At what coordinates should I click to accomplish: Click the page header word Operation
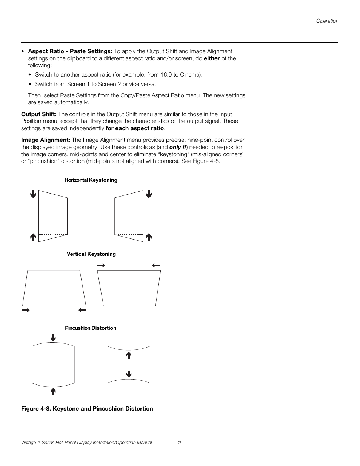coord(327,21)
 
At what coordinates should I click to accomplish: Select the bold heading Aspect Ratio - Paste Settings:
coord(70,51)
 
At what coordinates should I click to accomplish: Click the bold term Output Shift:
coord(39,114)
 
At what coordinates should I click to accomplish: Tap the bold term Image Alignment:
coord(46,140)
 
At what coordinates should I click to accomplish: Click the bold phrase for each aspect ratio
coord(135,128)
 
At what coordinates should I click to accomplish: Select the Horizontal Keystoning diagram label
coord(91,180)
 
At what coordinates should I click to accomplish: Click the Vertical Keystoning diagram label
coord(91,254)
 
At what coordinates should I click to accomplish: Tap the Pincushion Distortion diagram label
coord(91,328)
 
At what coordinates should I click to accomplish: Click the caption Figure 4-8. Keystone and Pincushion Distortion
coord(87,409)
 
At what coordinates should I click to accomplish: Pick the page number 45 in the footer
coord(180,443)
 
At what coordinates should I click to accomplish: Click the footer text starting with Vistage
coord(86,443)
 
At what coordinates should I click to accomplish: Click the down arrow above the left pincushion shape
coord(53,338)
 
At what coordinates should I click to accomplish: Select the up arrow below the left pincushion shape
coord(53,391)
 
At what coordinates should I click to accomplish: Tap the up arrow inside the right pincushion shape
coord(129,355)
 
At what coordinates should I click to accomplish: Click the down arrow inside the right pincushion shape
coord(129,374)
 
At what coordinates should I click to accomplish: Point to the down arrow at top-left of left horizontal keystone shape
coord(33,194)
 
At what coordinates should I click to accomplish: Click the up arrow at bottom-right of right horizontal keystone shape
coord(149,237)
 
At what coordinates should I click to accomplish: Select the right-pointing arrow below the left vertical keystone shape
coord(26,310)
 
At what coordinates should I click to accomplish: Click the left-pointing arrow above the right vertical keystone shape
coord(156,265)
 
